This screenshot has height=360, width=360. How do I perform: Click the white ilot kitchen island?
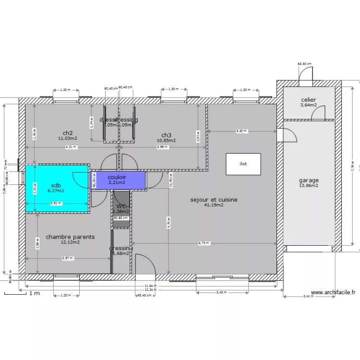coord(243,164)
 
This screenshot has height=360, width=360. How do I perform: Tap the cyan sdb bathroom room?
coord(56,188)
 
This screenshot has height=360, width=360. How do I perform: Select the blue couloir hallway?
coord(117,180)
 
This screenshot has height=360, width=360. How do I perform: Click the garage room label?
coord(309,180)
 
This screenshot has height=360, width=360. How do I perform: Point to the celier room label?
coord(309,100)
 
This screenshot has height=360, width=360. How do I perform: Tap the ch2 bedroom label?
coord(68,133)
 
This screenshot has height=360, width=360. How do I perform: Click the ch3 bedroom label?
coord(166,135)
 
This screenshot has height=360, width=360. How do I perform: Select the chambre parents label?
coord(70,237)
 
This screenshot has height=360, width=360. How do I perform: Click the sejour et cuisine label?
coord(214,200)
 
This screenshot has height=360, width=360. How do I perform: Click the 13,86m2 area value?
coord(309,186)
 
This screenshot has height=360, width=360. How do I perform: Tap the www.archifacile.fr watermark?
coord(333,292)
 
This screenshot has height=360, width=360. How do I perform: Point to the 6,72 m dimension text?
coord(204,243)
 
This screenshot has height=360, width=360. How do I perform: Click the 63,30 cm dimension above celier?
coord(304,64)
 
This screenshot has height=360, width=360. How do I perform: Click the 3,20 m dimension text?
coord(241,131)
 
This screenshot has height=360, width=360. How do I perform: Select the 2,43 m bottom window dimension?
coord(222,292)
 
